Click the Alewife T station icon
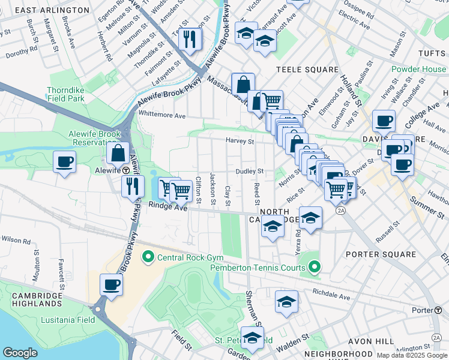tap(126, 170)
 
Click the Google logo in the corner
tap(20, 353)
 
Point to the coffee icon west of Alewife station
tap(65, 162)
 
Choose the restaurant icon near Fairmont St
tap(190, 40)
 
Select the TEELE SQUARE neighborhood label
tap(307, 70)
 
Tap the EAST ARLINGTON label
tap(52, 10)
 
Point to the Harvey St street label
tap(240, 142)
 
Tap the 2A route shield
tap(342, 210)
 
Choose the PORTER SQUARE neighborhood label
tap(381, 254)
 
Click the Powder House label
tap(419, 69)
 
